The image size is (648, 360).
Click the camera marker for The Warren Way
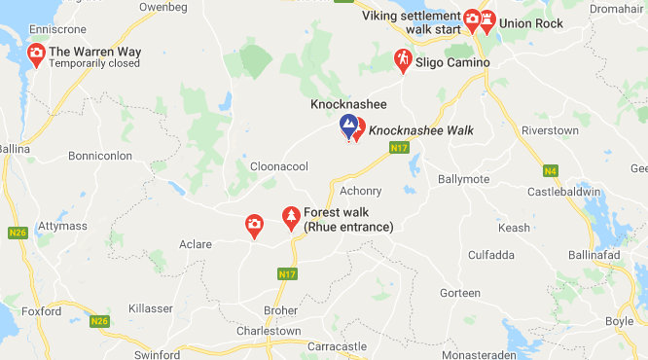pos(36,53)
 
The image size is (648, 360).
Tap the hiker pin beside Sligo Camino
pos(402,58)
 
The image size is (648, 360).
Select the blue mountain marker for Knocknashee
pos(347,125)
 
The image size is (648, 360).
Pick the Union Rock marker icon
pos(486,19)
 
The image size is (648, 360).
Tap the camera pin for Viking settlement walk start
pos(472,18)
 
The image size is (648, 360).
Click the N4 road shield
pos(551,171)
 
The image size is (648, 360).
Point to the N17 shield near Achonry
pos(397,148)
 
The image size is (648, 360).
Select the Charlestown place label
pos(269,331)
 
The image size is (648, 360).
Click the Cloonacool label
pos(279,166)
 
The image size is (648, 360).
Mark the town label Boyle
pos(619,322)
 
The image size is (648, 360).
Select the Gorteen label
pos(460,293)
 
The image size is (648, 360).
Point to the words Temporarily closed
pos(94,64)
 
